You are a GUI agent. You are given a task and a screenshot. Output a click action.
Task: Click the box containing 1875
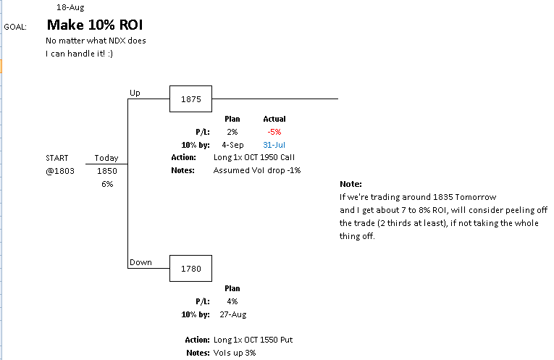tap(191, 99)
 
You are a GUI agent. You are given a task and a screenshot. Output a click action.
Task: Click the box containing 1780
tap(191, 268)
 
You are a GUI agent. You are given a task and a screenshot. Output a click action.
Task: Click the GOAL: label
tap(15, 27)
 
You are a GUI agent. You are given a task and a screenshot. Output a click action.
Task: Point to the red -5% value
tap(274, 132)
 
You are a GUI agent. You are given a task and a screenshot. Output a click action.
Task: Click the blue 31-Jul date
tap(274, 145)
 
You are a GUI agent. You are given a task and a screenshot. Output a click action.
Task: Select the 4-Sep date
tap(232, 145)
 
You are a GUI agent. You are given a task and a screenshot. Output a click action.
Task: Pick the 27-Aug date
tap(232, 314)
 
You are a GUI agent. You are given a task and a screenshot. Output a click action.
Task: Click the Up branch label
tap(135, 93)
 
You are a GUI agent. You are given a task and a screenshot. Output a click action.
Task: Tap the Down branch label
tap(140, 262)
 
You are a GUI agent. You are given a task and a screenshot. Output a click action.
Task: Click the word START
tap(57, 158)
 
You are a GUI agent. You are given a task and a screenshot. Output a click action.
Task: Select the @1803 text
tap(60, 171)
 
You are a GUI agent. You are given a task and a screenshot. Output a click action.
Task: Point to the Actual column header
tap(274, 119)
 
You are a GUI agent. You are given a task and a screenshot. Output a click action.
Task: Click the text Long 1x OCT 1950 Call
tap(254, 157)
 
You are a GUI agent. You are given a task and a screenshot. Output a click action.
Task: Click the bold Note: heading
tap(350, 184)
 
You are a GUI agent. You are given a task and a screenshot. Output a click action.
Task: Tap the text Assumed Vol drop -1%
tap(256, 171)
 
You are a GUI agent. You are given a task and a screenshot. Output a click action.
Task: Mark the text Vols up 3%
tap(234, 353)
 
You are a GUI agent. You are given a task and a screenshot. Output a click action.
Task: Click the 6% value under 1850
tap(107, 184)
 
